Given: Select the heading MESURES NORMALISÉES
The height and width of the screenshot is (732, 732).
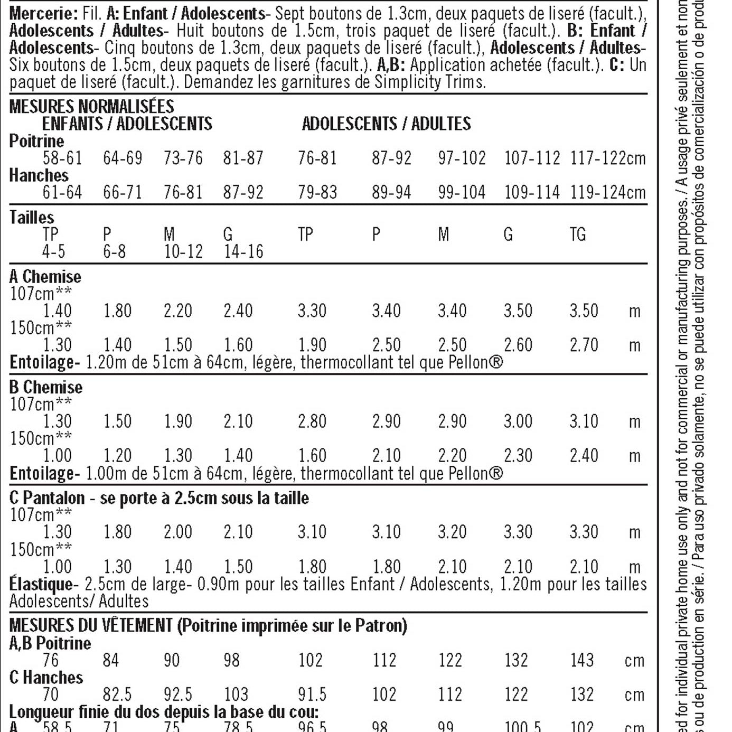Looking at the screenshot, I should pyautogui.click(x=91, y=106).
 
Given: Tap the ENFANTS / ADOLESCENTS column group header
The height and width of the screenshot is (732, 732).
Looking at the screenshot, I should pyautogui.click(x=127, y=124).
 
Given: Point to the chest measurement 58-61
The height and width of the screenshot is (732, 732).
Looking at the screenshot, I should pyautogui.click(x=62, y=158).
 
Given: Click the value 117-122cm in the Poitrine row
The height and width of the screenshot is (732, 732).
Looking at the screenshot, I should pyautogui.click(x=607, y=158).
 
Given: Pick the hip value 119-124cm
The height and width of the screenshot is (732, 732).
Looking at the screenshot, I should pyautogui.click(x=607, y=192).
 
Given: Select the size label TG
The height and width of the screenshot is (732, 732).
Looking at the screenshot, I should pyautogui.click(x=577, y=234).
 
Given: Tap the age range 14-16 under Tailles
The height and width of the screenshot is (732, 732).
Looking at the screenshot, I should pyautogui.click(x=243, y=251).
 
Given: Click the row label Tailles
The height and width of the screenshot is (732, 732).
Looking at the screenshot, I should pyautogui.click(x=32, y=217).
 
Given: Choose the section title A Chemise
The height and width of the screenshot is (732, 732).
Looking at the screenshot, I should pyautogui.click(x=45, y=276).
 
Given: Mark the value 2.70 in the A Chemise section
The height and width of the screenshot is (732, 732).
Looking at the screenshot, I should pyautogui.click(x=584, y=345).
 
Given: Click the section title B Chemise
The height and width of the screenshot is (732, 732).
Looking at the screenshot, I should pyautogui.click(x=46, y=387).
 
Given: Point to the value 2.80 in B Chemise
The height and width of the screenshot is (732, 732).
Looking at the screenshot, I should pyautogui.click(x=312, y=421).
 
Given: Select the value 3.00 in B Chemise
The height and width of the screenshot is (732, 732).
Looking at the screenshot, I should pyautogui.click(x=518, y=421).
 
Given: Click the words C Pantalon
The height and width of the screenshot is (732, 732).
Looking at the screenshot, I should pyautogui.click(x=47, y=498).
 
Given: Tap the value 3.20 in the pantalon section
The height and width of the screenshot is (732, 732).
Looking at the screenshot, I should pyautogui.click(x=452, y=532).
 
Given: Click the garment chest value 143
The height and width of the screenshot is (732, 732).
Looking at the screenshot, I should pyautogui.click(x=581, y=660).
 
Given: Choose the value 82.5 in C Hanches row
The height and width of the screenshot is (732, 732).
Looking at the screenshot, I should pyautogui.click(x=117, y=694).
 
